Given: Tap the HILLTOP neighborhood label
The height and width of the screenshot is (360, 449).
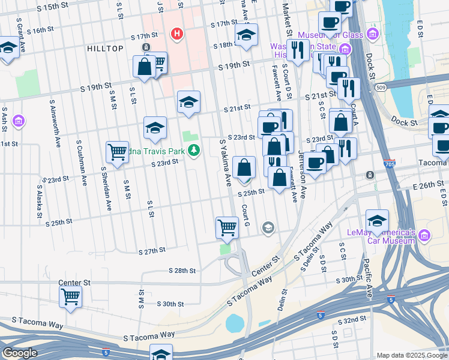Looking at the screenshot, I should pyautogui.click(x=105, y=49).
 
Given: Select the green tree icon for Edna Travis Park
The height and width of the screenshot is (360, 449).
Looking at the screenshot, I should pyautogui.click(x=193, y=150).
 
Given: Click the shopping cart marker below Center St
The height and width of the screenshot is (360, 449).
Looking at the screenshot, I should pyautogui.click(x=71, y=296).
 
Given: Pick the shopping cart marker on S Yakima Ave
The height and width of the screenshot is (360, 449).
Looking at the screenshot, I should pyautogui.click(x=227, y=227).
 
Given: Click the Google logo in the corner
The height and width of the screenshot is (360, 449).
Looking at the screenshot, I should pyautogui.click(x=19, y=353).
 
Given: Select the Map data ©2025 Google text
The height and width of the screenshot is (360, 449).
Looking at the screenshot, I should pyautogui.click(x=411, y=355).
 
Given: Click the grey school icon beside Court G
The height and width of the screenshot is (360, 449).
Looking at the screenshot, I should pyautogui.click(x=268, y=227).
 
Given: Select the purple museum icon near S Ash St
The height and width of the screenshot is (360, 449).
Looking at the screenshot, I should pyautogui.click(x=19, y=121).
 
